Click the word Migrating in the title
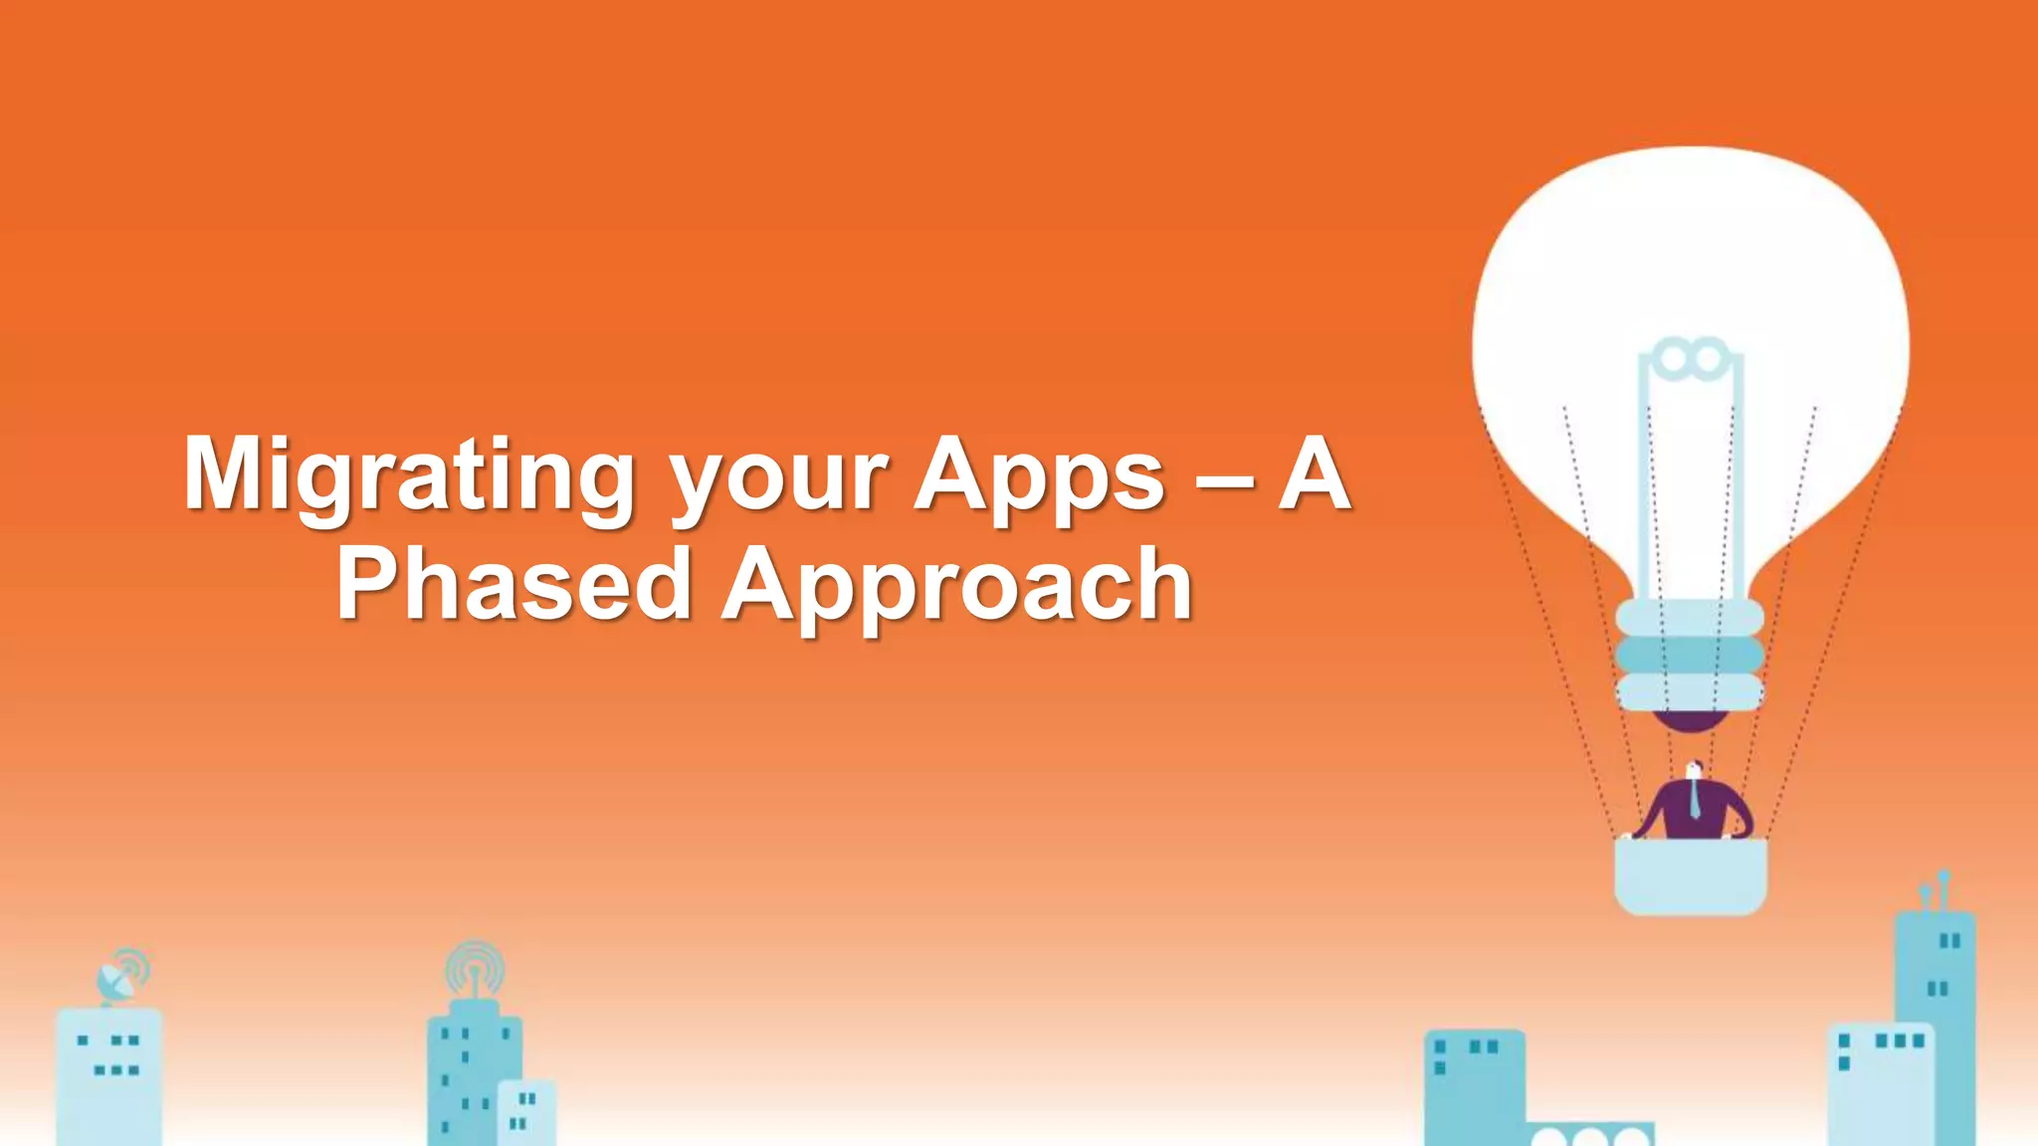click(x=408, y=476)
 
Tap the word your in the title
click(x=779, y=477)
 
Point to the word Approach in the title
click(x=957, y=586)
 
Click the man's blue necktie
click(x=1695, y=800)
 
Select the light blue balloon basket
click(x=1691, y=874)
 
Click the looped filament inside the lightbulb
click(x=1692, y=358)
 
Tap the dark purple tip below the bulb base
click(x=1690, y=722)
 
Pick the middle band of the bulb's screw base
click(x=1690, y=655)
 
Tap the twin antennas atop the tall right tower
click(x=1936, y=890)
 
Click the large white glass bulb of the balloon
click(x=1690, y=259)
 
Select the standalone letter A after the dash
click(x=1314, y=476)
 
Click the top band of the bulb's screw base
click(x=1690, y=618)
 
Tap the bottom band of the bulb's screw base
click(x=1690, y=691)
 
